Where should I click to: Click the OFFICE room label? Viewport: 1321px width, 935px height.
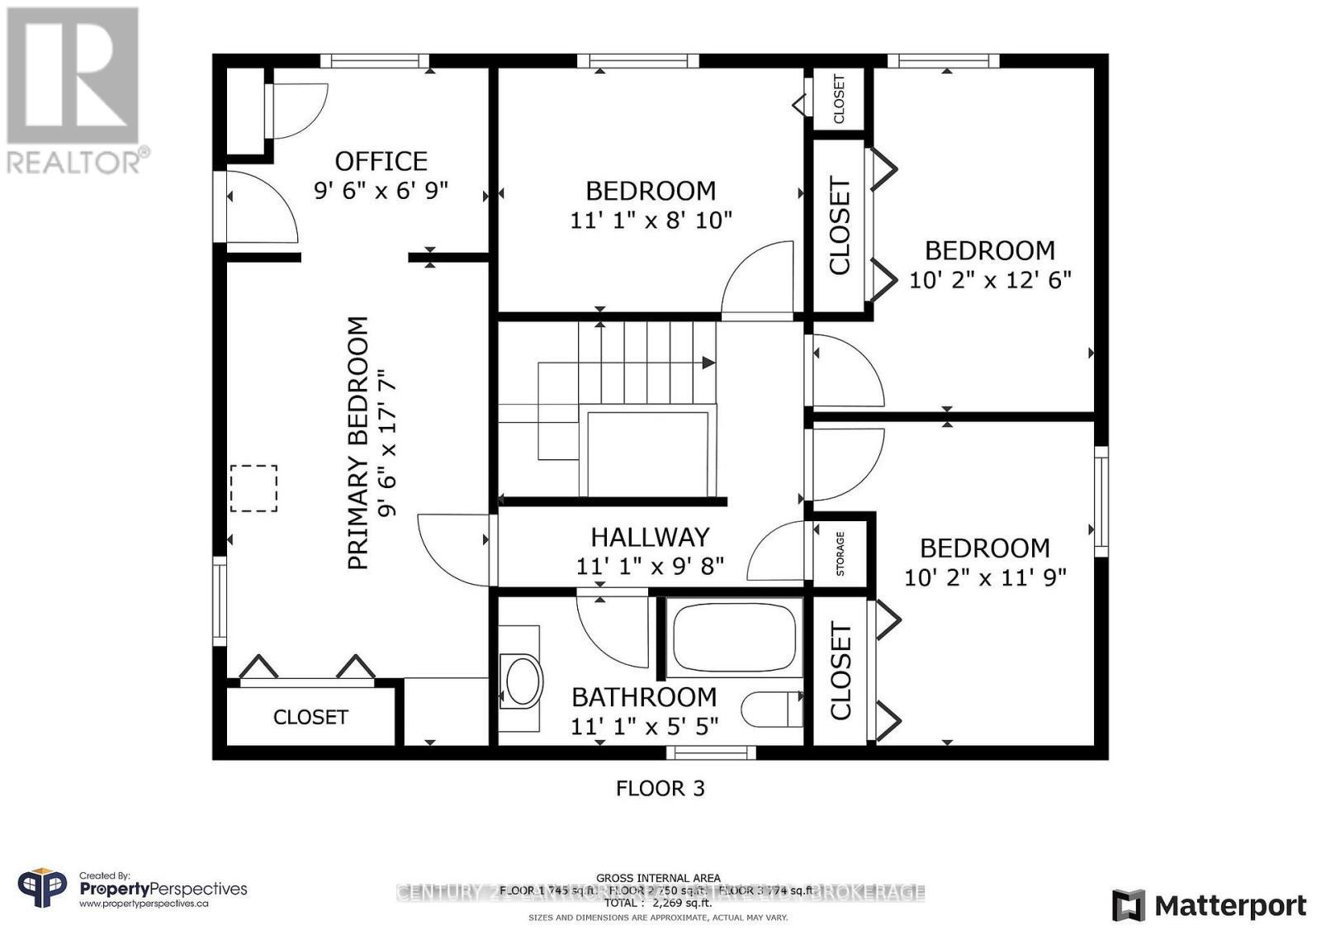[381, 160]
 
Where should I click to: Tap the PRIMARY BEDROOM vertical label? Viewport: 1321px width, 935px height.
[357, 443]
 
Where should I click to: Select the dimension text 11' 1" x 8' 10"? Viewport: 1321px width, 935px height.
[651, 221]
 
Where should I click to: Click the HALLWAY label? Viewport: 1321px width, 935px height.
[650, 537]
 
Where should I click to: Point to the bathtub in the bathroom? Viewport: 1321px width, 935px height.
[734, 638]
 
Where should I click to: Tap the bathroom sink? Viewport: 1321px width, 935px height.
[522, 681]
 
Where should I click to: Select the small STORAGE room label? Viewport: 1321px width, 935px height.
[840, 553]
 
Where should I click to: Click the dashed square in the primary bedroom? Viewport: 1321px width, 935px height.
[253, 488]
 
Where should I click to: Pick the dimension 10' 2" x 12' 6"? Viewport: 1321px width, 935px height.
[990, 280]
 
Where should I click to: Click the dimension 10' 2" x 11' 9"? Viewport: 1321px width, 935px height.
[985, 577]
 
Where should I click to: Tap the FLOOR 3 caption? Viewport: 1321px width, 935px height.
[660, 788]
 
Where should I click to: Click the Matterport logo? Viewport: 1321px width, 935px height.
[1209, 905]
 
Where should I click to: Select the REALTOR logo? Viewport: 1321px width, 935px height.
[74, 91]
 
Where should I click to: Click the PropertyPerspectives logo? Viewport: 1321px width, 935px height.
[132, 890]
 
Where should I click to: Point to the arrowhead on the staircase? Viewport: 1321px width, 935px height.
[708, 362]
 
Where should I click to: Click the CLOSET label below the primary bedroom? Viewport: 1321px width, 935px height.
[310, 717]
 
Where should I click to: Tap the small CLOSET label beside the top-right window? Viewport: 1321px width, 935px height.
[839, 99]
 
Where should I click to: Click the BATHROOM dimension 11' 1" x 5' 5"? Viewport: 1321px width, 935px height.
[644, 726]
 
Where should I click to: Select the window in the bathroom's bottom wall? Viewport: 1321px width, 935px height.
[711, 752]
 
